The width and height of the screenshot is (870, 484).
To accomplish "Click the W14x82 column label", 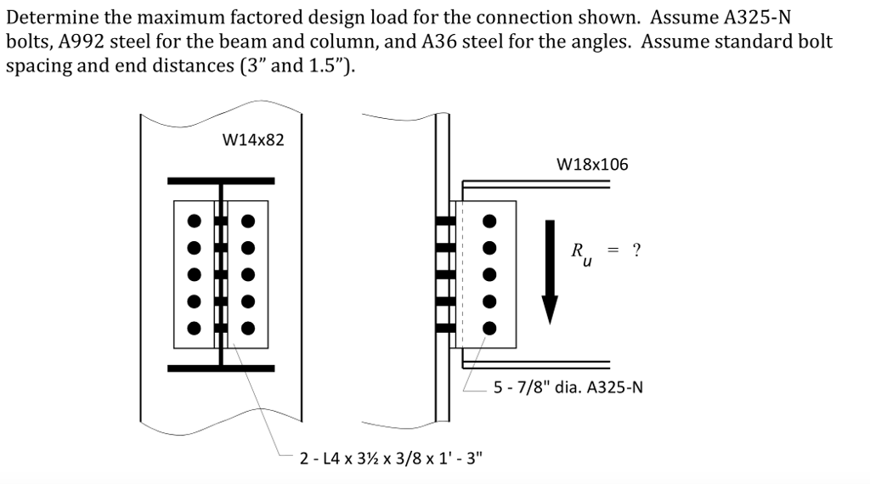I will [x=252, y=139].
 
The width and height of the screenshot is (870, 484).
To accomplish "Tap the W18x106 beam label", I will [x=592, y=165].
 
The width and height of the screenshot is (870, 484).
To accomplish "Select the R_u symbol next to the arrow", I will [x=579, y=252].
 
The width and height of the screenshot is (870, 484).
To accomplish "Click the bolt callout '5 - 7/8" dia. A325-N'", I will [x=568, y=388].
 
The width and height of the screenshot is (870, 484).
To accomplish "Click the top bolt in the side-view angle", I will [x=489, y=222].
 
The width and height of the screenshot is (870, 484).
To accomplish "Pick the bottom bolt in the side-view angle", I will [x=489, y=328].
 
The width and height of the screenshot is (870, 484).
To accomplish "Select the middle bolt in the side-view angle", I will [x=489, y=275].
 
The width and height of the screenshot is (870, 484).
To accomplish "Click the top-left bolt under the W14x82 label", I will [x=195, y=222].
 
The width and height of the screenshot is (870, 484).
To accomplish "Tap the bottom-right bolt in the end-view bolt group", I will [x=248, y=328].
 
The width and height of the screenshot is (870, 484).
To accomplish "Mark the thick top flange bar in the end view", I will [x=221, y=181].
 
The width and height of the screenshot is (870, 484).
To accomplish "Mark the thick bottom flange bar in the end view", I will [x=221, y=369].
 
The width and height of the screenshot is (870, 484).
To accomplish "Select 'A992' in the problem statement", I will [x=82, y=42].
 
